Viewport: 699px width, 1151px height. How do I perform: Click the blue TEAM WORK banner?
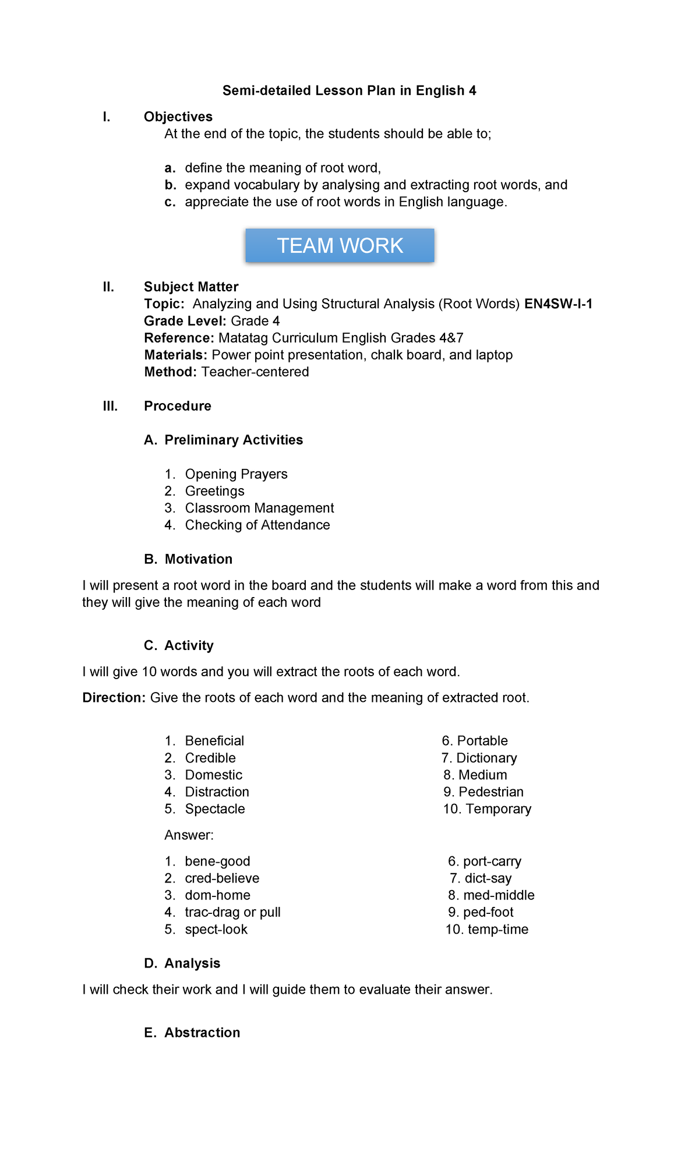coord(340,245)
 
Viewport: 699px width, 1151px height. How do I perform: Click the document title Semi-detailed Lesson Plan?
coord(349,90)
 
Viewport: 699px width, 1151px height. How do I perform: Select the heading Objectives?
coord(178,116)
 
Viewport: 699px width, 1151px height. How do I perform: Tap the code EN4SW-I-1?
coord(558,303)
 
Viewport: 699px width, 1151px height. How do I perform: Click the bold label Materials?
coord(175,355)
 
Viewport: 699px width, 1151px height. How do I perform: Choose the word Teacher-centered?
coord(255,372)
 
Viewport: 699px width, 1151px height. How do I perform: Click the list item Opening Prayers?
coord(236,474)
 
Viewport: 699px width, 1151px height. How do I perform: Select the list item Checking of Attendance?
coord(257,525)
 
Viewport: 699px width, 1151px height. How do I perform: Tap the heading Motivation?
coord(198,559)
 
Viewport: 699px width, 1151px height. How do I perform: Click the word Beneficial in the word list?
coord(214,740)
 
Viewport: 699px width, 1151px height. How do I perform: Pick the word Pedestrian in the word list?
coord(490,792)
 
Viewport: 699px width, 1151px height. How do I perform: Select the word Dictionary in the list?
coord(486,758)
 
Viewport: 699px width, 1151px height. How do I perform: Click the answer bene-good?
coord(217,861)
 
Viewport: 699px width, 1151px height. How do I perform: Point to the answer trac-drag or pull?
coord(232,912)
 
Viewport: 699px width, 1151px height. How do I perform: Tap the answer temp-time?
coord(497,929)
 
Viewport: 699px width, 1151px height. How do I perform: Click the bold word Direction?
coord(114,697)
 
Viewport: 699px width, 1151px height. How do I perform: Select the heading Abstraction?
coord(202,1032)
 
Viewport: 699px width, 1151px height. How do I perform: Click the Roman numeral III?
coord(110,406)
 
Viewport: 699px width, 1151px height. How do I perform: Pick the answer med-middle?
coord(499,895)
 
